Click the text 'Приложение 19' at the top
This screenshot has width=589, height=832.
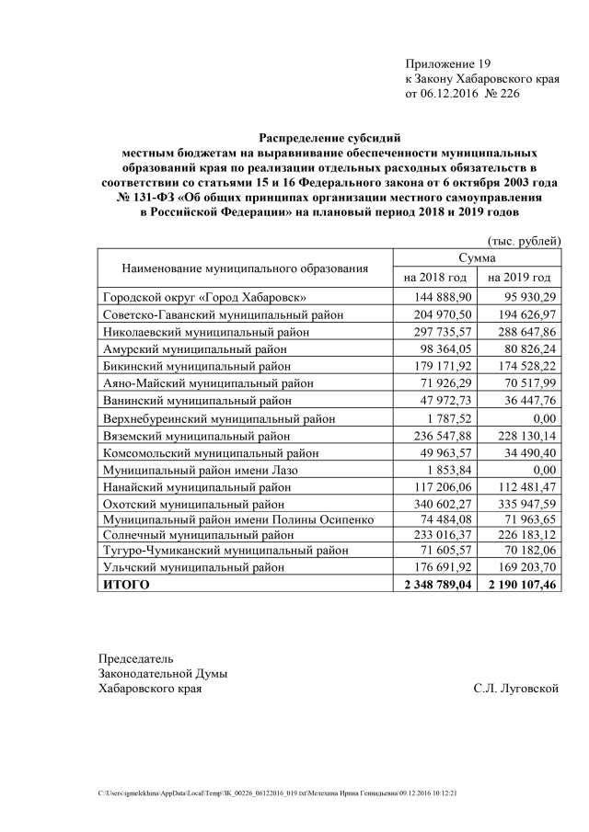[x=448, y=63]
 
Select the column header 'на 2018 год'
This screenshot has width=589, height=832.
[x=435, y=277]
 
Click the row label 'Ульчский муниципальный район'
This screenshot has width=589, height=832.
[x=192, y=567]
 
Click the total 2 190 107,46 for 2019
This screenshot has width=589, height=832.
[x=520, y=585]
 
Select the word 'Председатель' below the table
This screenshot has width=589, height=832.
[x=135, y=658]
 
